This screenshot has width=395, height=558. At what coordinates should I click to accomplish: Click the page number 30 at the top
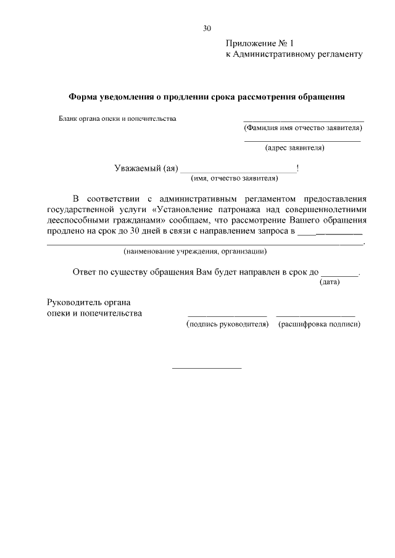click(207, 28)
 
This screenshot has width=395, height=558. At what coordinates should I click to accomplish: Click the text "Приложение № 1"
click(260, 43)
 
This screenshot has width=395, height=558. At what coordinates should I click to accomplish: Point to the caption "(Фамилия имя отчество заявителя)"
click(302, 128)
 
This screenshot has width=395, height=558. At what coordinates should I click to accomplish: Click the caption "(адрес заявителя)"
click(294, 148)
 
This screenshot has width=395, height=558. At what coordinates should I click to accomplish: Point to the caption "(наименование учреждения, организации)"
click(195, 252)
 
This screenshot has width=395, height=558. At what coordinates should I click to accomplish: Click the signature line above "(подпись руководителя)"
click(227, 316)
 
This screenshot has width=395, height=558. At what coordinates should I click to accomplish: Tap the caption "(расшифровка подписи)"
click(320, 324)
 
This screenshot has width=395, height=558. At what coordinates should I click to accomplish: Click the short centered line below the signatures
click(206, 368)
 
